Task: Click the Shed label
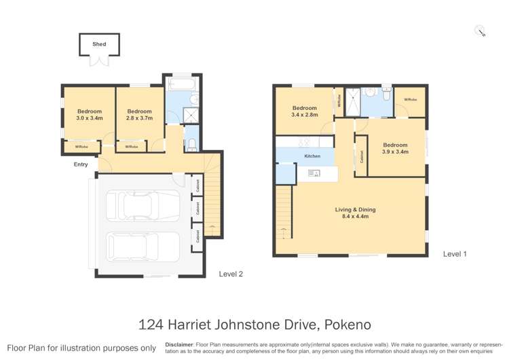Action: tap(99, 45)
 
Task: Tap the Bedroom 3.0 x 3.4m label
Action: tap(89, 115)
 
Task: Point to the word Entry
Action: tap(81, 164)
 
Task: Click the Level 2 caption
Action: tap(231, 274)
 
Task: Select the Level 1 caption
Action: tap(455, 254)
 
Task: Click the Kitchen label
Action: tap(312, 157)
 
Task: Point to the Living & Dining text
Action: tap(355, 210)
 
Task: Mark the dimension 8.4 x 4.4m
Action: tap(355, 217)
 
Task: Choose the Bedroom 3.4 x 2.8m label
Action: tap(305, 111)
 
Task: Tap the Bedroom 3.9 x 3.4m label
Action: tap(395, 148)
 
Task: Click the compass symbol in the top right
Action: tap(480, 31)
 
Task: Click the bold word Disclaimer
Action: tap(179, 344)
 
